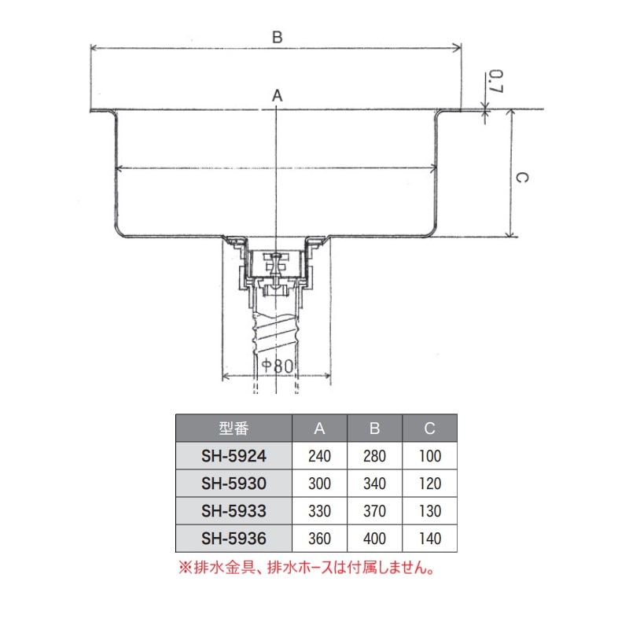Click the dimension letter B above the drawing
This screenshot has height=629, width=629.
tap(277, 37)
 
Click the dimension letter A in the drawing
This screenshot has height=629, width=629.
tap(277, 95)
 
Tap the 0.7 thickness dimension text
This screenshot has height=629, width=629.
tap(495, 83)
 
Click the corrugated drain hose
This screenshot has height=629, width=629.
tap(276, 334)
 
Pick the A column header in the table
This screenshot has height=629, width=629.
tap(320, 429)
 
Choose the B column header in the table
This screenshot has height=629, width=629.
tap(375, 429)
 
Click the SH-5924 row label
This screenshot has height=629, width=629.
tap(234, 456)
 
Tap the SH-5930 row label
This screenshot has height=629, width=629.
tap(234, 484)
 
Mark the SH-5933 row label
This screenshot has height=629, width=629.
tap(234, 511)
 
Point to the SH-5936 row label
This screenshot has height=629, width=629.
tap(234, 539)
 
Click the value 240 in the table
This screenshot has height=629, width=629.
tap(320, 456)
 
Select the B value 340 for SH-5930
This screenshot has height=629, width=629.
tap(375, 484)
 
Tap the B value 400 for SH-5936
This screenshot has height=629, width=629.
tap(375, 539)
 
